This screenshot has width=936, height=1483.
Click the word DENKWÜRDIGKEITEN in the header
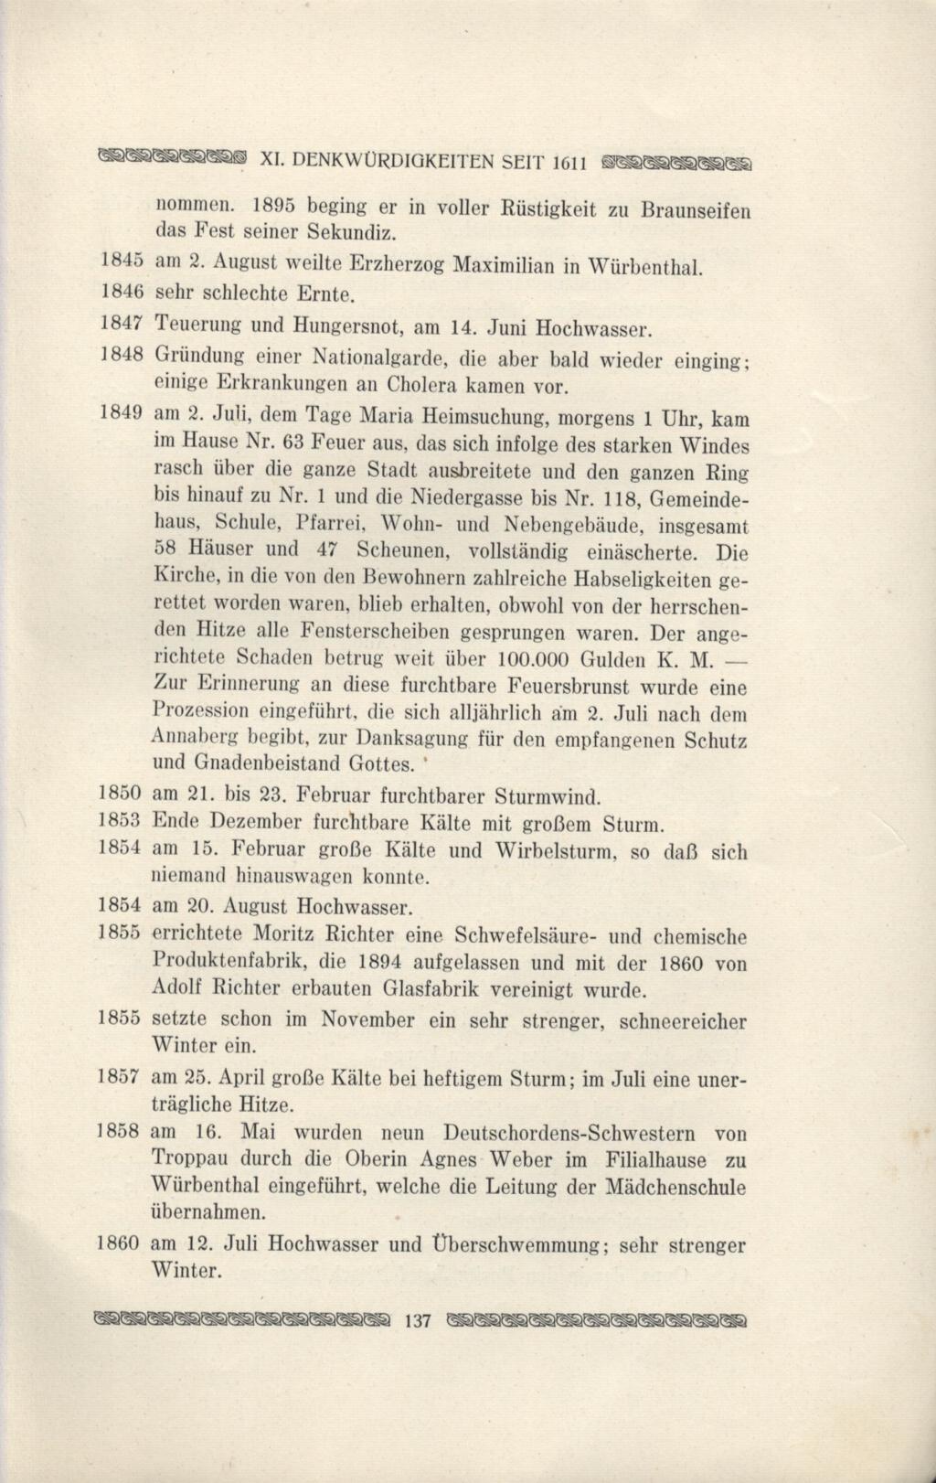point(394,160)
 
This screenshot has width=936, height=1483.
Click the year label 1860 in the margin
point(120,1244)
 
